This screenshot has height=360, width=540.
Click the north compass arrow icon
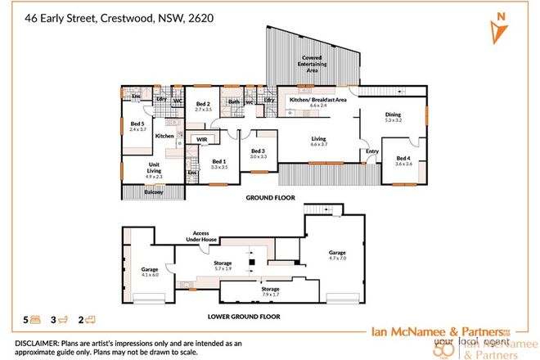click(497, 28)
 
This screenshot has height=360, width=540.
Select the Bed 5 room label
click(137, 127)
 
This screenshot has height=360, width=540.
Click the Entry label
click(372, 151)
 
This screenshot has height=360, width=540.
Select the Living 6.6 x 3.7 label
click(318, 142)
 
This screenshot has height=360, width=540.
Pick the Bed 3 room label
click(258, 153)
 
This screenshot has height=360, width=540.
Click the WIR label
click(200, 140)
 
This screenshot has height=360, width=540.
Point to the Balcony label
click(153, 192)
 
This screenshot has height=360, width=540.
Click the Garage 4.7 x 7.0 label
click(338, 256)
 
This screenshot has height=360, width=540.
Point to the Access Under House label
click(200, 236)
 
